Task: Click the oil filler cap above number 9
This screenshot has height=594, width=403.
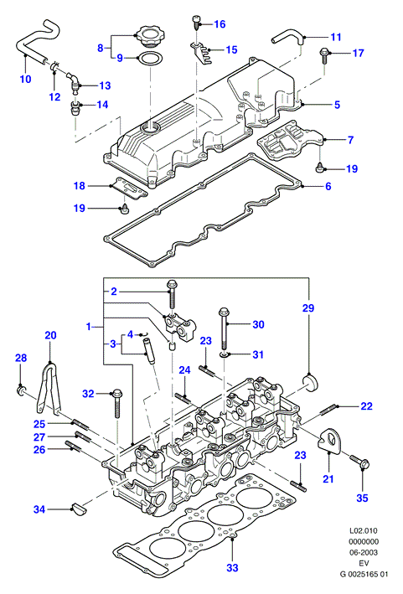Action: [150, 36]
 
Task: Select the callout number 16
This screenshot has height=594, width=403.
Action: [220, 24]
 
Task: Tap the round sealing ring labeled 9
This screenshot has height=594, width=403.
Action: [150, 59]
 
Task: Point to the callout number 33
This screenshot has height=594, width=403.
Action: [232, 567]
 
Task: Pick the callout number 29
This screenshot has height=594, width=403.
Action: [308, 307]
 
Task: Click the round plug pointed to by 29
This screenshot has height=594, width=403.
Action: [310, 382]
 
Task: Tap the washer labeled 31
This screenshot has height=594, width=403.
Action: [225, 354]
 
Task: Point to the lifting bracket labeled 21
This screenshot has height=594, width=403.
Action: [330, 440]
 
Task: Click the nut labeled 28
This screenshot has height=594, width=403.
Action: [21, 390]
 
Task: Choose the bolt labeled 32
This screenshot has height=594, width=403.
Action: [117, 403]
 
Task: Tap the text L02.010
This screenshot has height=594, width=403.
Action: [364, 530]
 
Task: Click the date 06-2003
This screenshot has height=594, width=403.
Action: [364, 552]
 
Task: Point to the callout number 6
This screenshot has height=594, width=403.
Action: [328, 186]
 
